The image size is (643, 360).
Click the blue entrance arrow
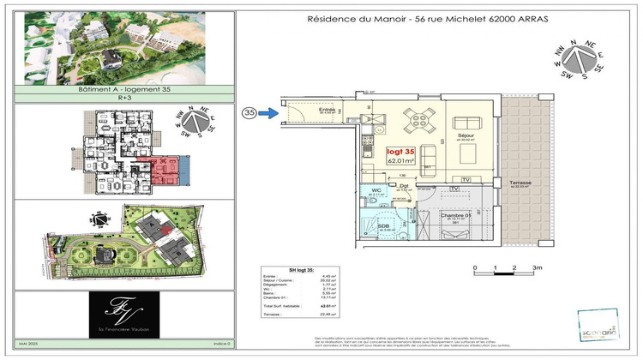(268, 112)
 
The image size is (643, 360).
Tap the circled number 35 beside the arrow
(249, 112)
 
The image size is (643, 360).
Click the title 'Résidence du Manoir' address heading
(415, 20)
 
